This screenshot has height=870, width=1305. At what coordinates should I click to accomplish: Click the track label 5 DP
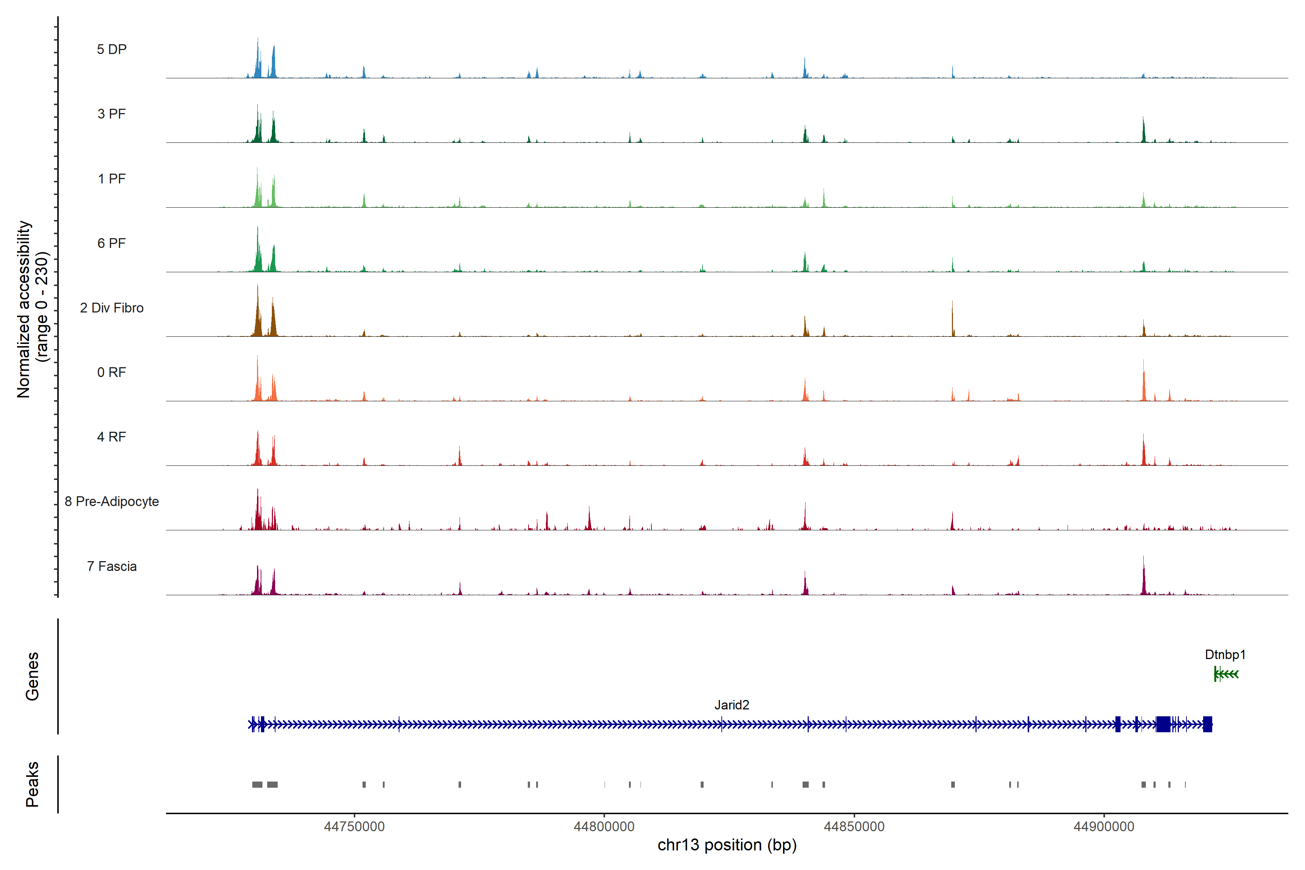tap(112, 49)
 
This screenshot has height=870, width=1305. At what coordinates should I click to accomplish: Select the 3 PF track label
tap(112, 114)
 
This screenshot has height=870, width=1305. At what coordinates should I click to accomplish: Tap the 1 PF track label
tap(112, 179)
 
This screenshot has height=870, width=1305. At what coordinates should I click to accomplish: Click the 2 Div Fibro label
tap(112, 308)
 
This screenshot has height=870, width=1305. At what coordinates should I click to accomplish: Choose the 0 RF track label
tap(112, 372)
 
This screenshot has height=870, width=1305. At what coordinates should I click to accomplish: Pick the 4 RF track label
tap(112, 437)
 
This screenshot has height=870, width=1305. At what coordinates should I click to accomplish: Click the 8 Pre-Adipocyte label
tap(112, 502)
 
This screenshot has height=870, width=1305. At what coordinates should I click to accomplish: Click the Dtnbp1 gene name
tap(1225, 655)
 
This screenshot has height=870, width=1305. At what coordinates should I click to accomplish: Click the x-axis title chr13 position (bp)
tap(727, 845)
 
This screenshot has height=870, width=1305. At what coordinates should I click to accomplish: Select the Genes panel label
tap(32, 676)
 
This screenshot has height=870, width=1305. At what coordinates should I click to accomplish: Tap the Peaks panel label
tap(32, 784)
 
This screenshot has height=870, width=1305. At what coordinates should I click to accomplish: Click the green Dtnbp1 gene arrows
tap(1226, 674)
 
